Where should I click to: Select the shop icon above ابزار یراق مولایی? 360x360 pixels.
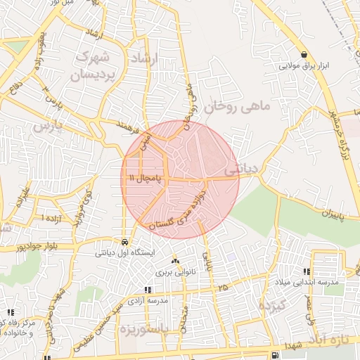304,55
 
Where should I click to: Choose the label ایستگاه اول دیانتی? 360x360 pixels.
125,251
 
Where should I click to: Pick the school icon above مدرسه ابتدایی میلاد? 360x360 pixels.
307,271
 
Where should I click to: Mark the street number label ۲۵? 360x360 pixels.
224,288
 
